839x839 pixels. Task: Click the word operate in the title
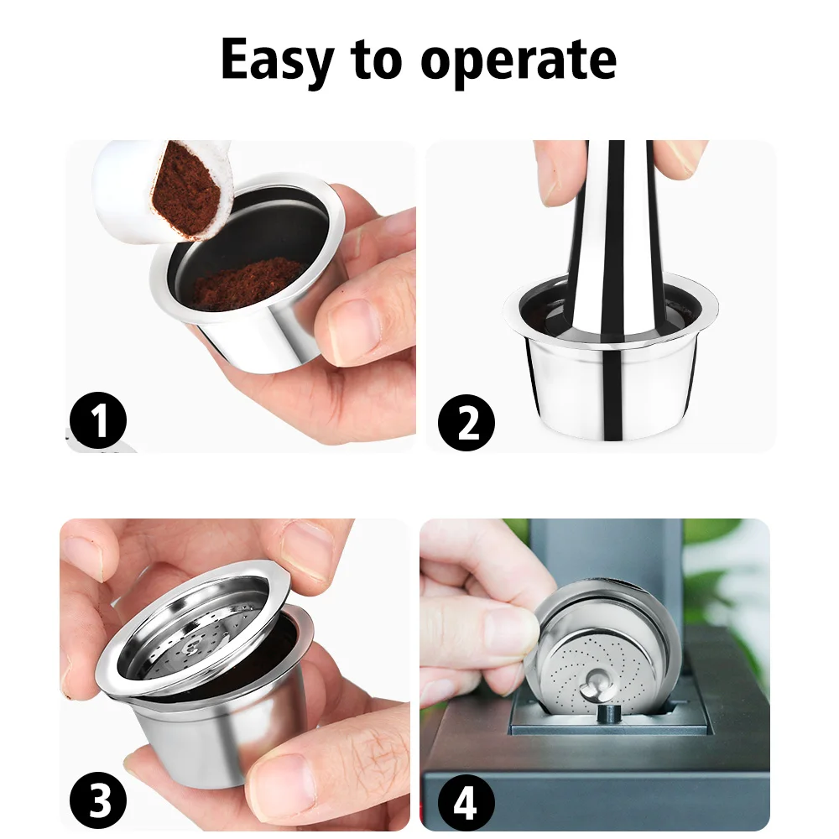tap(519, 60)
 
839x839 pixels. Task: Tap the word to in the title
tap(383, 60)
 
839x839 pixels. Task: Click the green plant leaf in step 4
tap(722, 579)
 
